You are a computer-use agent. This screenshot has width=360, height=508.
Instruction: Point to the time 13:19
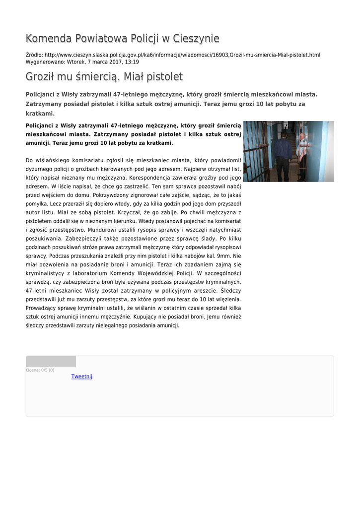tap(132, 62)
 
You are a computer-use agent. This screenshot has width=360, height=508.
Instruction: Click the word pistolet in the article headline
tap(163, 77)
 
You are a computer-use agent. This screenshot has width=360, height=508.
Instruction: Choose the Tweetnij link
tap(82, 377)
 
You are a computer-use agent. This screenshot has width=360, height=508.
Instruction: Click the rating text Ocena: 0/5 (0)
tap(40, 370)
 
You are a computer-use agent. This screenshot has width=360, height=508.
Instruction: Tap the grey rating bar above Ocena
tap(51, 361)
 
